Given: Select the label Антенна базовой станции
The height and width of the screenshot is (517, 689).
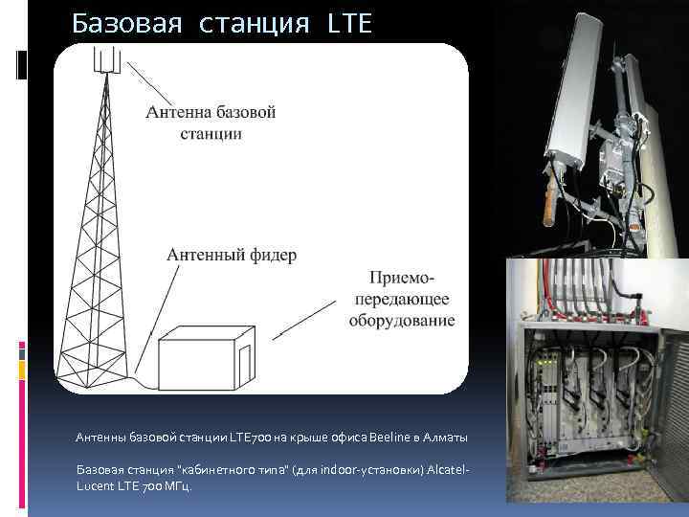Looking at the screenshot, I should [x=211, y=123].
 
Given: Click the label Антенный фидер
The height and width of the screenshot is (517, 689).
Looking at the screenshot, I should [x=232, y=256].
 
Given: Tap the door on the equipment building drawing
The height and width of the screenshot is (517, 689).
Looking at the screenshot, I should [x=243, y=363].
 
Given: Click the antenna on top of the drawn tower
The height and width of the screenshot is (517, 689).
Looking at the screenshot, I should [x=107, y=60].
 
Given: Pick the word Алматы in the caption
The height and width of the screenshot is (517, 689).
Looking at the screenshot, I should [x=444, y=438].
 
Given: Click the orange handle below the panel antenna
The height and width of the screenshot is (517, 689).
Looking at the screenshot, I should [x=549, y=207].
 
